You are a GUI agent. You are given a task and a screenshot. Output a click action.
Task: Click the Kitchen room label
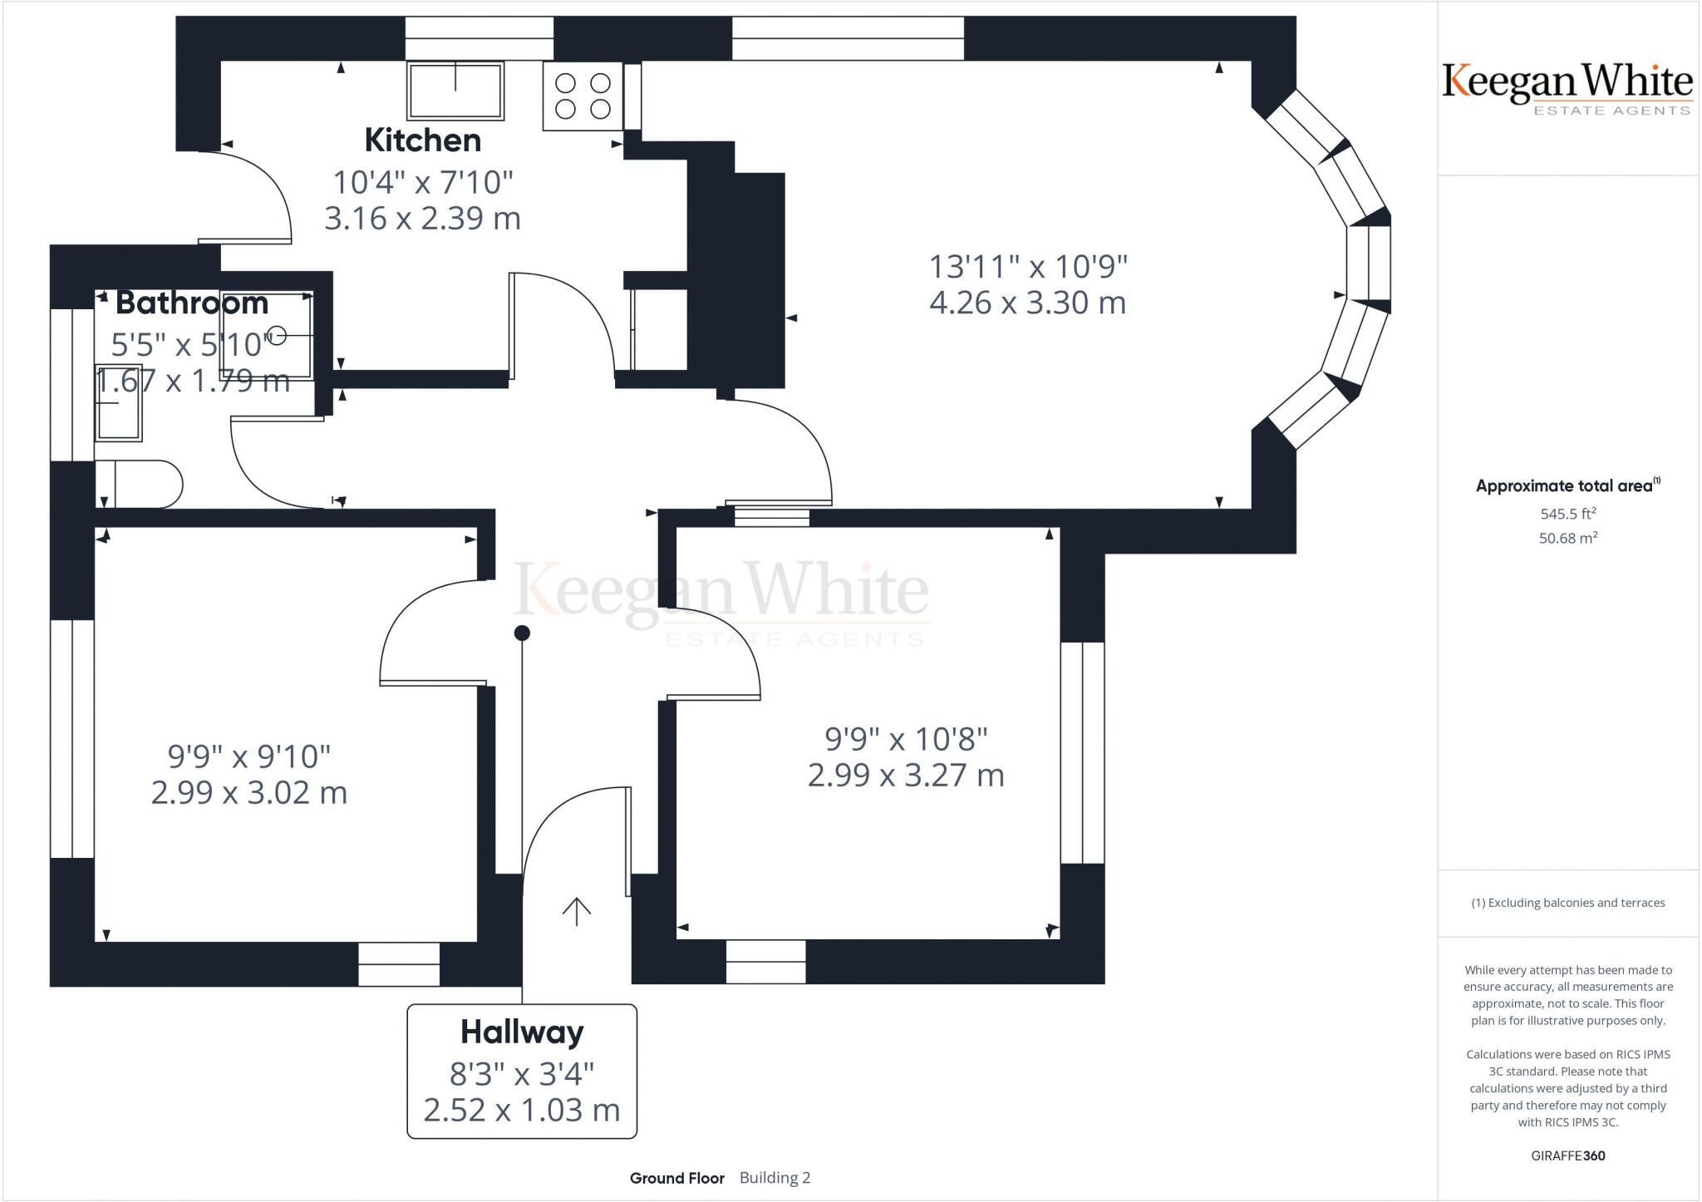click(x=423, y=140)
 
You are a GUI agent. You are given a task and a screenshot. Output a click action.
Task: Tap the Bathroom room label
click(x=192, y=303)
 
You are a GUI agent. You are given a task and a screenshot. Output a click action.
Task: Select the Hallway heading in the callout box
click(x=522, y=1032)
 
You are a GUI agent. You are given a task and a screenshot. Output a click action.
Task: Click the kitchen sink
click(x=455, y=90)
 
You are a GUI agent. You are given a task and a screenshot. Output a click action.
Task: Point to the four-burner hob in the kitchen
click(x=583, y=96)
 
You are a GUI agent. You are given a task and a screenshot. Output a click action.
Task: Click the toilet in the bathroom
click(x=139, y=484)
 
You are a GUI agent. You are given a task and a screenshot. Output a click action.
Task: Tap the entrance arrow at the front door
click(x=576, y=911)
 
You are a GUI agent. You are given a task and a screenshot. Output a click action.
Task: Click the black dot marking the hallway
click(x=522, y=633)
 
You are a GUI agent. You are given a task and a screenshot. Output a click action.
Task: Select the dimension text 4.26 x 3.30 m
click(x=1028, y=302)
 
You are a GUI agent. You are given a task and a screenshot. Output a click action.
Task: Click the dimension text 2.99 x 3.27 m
click(x=906, y=775)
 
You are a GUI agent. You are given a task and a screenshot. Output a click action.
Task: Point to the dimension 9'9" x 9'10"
click(x=249, y=756)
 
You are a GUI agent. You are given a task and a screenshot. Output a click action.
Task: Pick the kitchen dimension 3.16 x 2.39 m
click(x=422, y=218)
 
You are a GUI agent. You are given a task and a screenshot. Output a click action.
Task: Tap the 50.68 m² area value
click(x=1568, y=538)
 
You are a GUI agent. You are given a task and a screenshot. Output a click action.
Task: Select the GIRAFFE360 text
click(x=1568, y=1155)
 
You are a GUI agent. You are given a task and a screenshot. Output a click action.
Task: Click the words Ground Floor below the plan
click(x=677, y=1178)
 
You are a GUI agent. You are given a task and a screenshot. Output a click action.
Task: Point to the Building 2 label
click(x=775, y=1178)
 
